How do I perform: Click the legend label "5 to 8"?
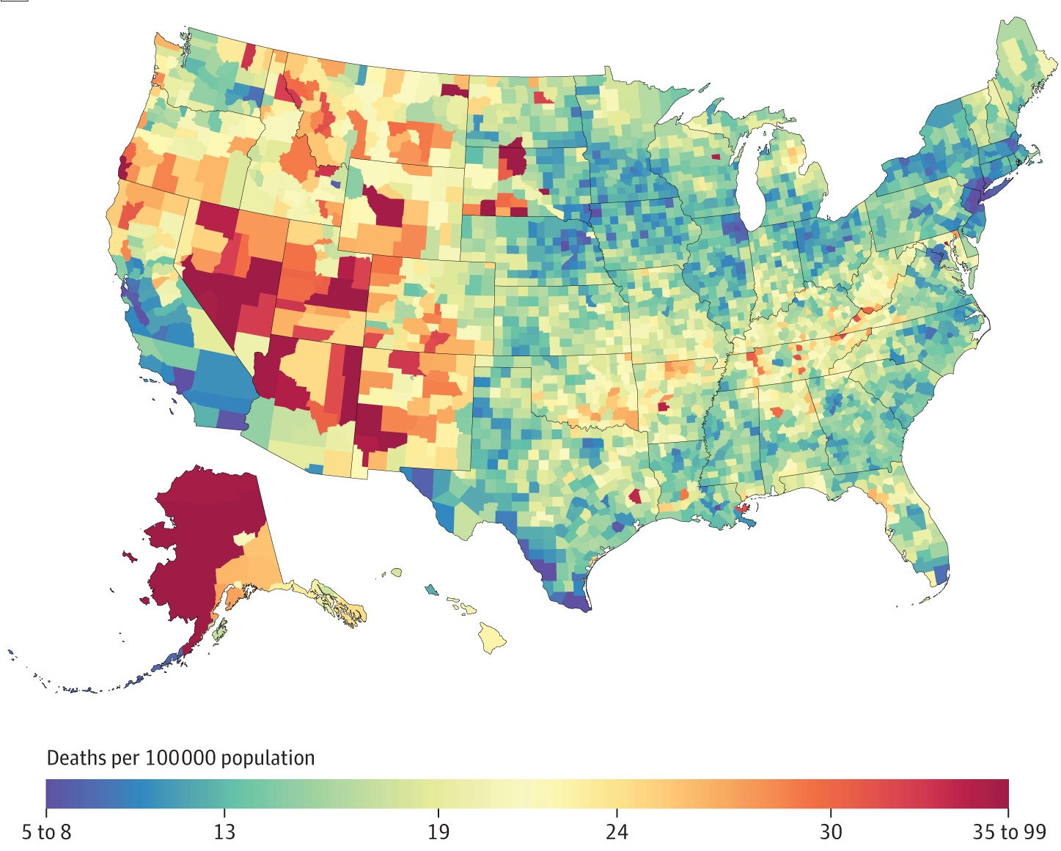coord(46,832)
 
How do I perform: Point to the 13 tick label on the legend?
coord(224,832)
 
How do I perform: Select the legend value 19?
coord(438,832)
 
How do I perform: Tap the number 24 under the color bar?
coord(617,832)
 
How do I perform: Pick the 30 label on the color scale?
coord(831,832)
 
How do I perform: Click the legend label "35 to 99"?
coord(1009,832)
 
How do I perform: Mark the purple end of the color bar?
coord(56,793)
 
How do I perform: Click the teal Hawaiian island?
coord(431,589)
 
